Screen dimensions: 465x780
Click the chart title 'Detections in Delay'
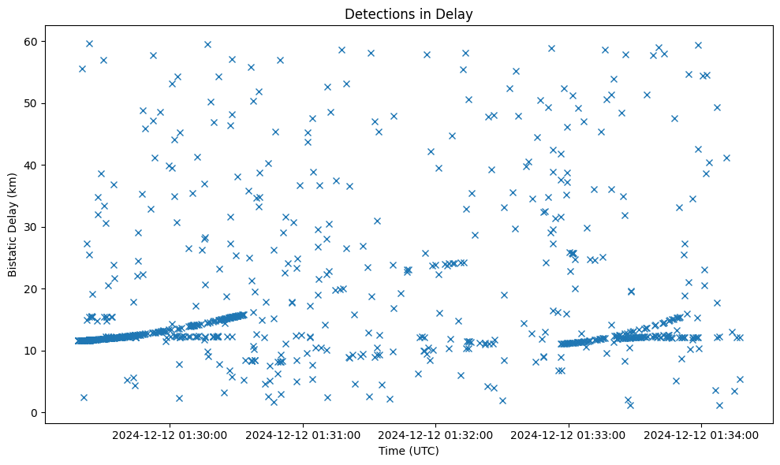pos(409,13)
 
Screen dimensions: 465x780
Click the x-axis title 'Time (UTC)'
pos(409,451)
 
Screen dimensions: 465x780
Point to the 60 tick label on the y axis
pos(27,41)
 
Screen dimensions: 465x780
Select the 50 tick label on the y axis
pos(27,103)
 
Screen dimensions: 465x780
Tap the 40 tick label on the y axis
pos(27,165)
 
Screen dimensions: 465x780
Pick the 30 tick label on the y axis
pos(27,227)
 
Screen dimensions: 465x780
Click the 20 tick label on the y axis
pos(27,288)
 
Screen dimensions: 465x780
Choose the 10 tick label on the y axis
pos(27,351)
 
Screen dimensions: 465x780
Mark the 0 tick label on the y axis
pos(30,412)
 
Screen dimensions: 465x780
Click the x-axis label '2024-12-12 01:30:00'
pos(170,434)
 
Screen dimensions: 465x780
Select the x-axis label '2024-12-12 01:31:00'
pos(303,434)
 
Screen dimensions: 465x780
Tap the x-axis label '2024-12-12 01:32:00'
pos(436,434)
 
